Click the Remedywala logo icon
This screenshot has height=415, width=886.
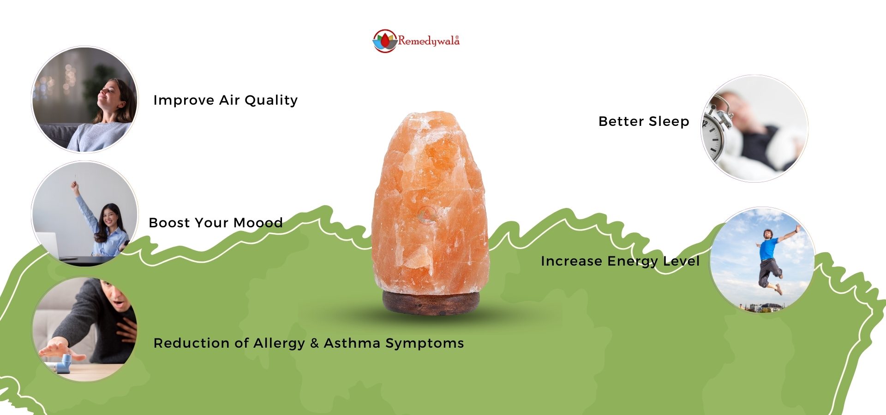click(385, 41)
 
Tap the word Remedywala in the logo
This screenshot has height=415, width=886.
click(429, 41)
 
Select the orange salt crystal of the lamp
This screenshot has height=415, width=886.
click(430, 203)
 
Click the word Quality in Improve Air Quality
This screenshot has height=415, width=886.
click(271, 101)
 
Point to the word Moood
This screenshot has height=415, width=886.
click(258, 223)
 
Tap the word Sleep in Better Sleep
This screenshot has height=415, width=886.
click(669, 122)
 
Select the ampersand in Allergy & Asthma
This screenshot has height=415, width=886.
click(315, 343)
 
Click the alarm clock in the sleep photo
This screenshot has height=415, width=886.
click(717, 129)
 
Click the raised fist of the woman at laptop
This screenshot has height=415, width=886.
click(74, 184)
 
